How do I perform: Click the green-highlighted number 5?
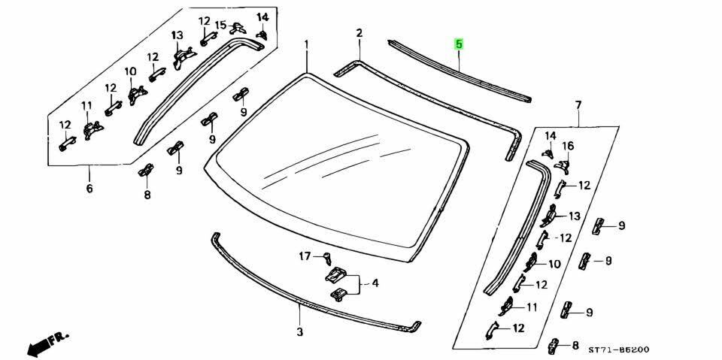459,44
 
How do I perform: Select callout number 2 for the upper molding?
359,33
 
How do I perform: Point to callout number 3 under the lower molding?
299,331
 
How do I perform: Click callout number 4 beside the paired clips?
374,283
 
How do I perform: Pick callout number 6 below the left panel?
89,188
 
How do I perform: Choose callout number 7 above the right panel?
578,104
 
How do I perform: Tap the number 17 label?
305,256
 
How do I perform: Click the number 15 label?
220,26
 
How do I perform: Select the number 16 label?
568,146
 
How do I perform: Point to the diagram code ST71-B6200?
619,349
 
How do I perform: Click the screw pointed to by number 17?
328,259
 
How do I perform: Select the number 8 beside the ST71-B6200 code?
575,346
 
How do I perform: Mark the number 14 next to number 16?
550,135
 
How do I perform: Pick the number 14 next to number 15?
261,17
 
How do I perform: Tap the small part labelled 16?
563,161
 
